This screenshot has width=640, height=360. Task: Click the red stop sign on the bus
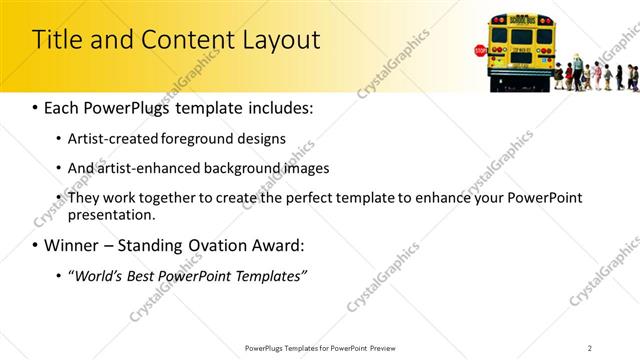[481, 51]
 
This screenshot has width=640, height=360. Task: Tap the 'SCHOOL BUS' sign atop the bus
[521, 19]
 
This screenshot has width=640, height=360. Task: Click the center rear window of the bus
[521, 36]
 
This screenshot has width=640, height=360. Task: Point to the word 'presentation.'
[112, 214]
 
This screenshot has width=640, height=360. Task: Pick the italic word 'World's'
[100, 275]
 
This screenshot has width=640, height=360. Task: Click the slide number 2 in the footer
[590, 348]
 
